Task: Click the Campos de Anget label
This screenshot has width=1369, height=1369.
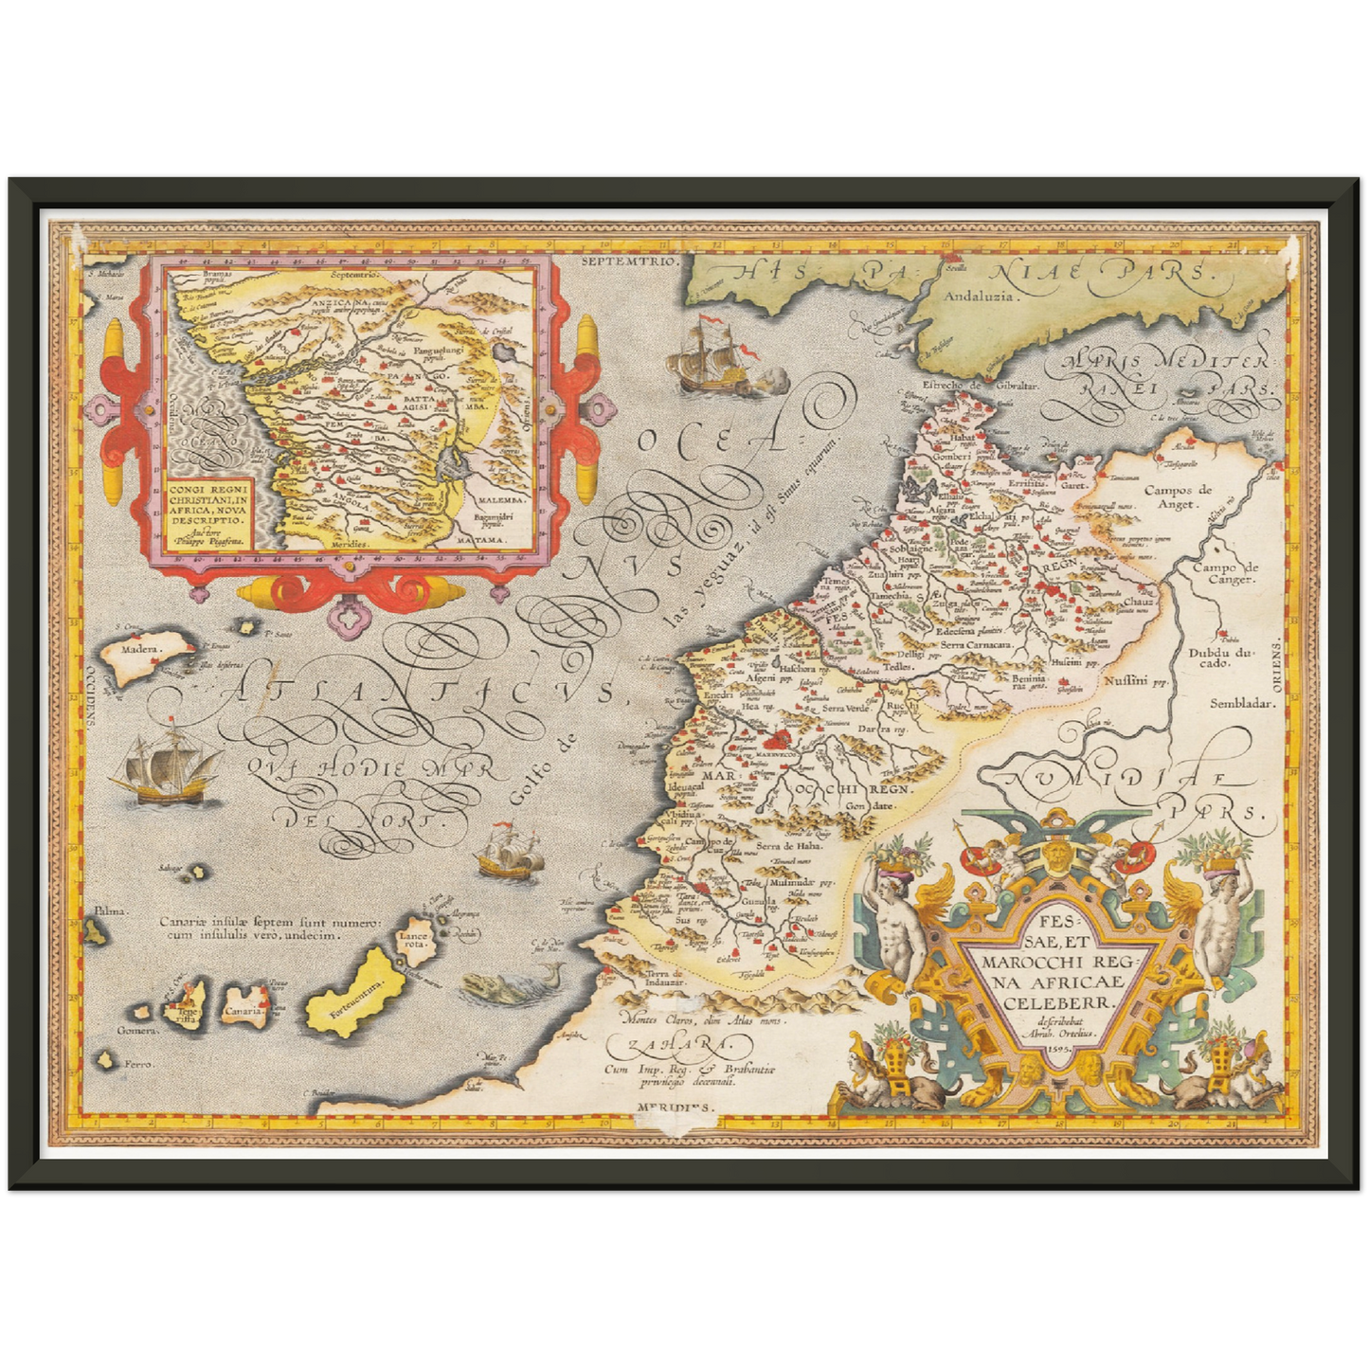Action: click(x=1178, y=496)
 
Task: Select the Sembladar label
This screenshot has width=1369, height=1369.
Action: click(x=1242, y=703)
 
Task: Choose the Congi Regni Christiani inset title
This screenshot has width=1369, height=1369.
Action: click(x=207, y=505)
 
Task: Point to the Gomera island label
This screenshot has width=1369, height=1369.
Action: click(x=135, y=1030)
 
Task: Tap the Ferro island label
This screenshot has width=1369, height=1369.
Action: click(x=139, y=1066)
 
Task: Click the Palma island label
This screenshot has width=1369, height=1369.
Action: click(x=108, y=910)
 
